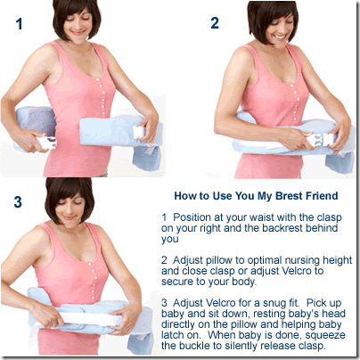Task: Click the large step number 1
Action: pyautogui.click(x=20, y=24)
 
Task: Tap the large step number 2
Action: pyautogui.click(x=215, y=23)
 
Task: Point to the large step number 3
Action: pyautogui.click(x=18, y=201)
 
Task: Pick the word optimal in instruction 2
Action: pyautogui.click(x=265, y=260)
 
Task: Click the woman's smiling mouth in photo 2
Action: pyautogui.click(x=281, y=37)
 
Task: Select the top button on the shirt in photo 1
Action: pyautogui.click(x=96, y=79)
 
